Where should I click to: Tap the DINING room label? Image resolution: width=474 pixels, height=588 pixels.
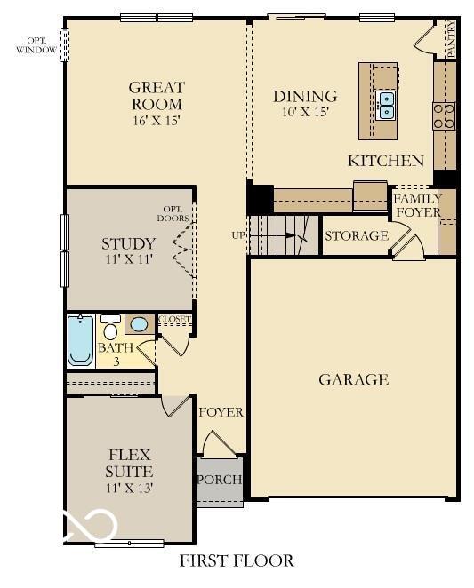coord(305,96)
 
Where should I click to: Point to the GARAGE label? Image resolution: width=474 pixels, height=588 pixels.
coord(354,380)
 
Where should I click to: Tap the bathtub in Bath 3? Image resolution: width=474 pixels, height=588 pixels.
coord(80,342)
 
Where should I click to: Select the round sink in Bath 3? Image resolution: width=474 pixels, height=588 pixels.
coord(139,324)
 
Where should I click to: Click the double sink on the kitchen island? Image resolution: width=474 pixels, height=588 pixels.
coord(386,105)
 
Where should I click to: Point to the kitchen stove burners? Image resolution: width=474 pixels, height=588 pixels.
coord(444,115)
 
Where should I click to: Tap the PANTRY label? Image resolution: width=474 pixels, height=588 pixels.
coord(451,40)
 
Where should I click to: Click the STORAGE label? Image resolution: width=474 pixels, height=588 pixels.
coord(356,236)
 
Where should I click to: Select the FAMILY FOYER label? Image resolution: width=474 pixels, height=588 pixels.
coord(417,205)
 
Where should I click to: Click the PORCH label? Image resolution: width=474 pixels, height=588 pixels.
coord(220,481)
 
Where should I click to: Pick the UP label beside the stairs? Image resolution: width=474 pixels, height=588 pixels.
coord(238,235)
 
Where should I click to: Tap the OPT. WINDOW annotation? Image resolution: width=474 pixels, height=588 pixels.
coord(36,44)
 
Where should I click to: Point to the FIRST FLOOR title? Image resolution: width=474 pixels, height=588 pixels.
coord(237,560)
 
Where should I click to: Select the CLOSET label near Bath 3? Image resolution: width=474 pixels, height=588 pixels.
coord(173,320)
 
